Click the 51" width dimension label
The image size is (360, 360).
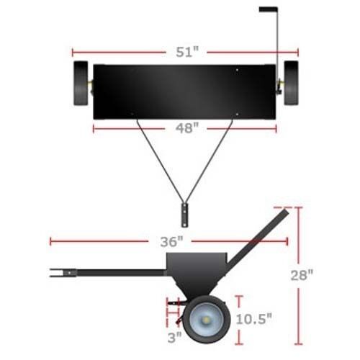click(187, 52)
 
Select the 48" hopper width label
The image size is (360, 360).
click(187, 128)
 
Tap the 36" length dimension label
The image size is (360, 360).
click(171, 242)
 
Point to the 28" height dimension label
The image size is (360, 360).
click(302, 275)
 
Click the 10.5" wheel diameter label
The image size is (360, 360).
click(254, 319)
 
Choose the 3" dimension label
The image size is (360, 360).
click(175, 338)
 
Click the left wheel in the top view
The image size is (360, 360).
click(81, 84)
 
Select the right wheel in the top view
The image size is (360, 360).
click(291, 83)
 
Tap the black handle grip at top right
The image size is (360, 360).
click(269, 9)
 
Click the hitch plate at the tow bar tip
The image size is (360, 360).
click(184, 215)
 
